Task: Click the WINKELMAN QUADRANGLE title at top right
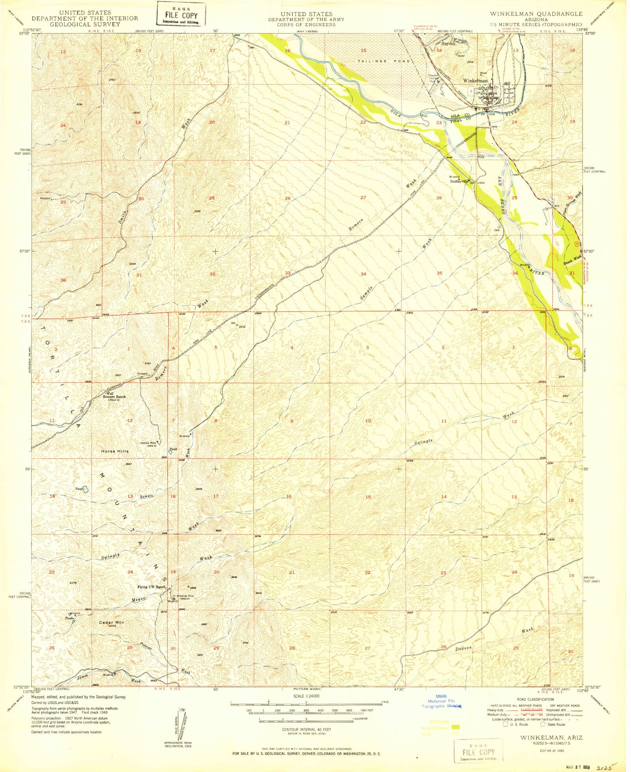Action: [x=536, y=14]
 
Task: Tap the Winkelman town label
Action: [x=475, y=80]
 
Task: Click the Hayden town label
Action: [x=448, y=44]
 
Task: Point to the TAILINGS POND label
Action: [x=385, y=62]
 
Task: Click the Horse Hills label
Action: [x=115, y=451]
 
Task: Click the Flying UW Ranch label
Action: [x=151, y=587]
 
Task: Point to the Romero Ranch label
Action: [x=114, y=396]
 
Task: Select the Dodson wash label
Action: [x=464, y=649]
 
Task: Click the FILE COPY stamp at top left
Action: [x=181, y=15]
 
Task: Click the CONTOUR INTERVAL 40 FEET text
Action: [x=306, y=729]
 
